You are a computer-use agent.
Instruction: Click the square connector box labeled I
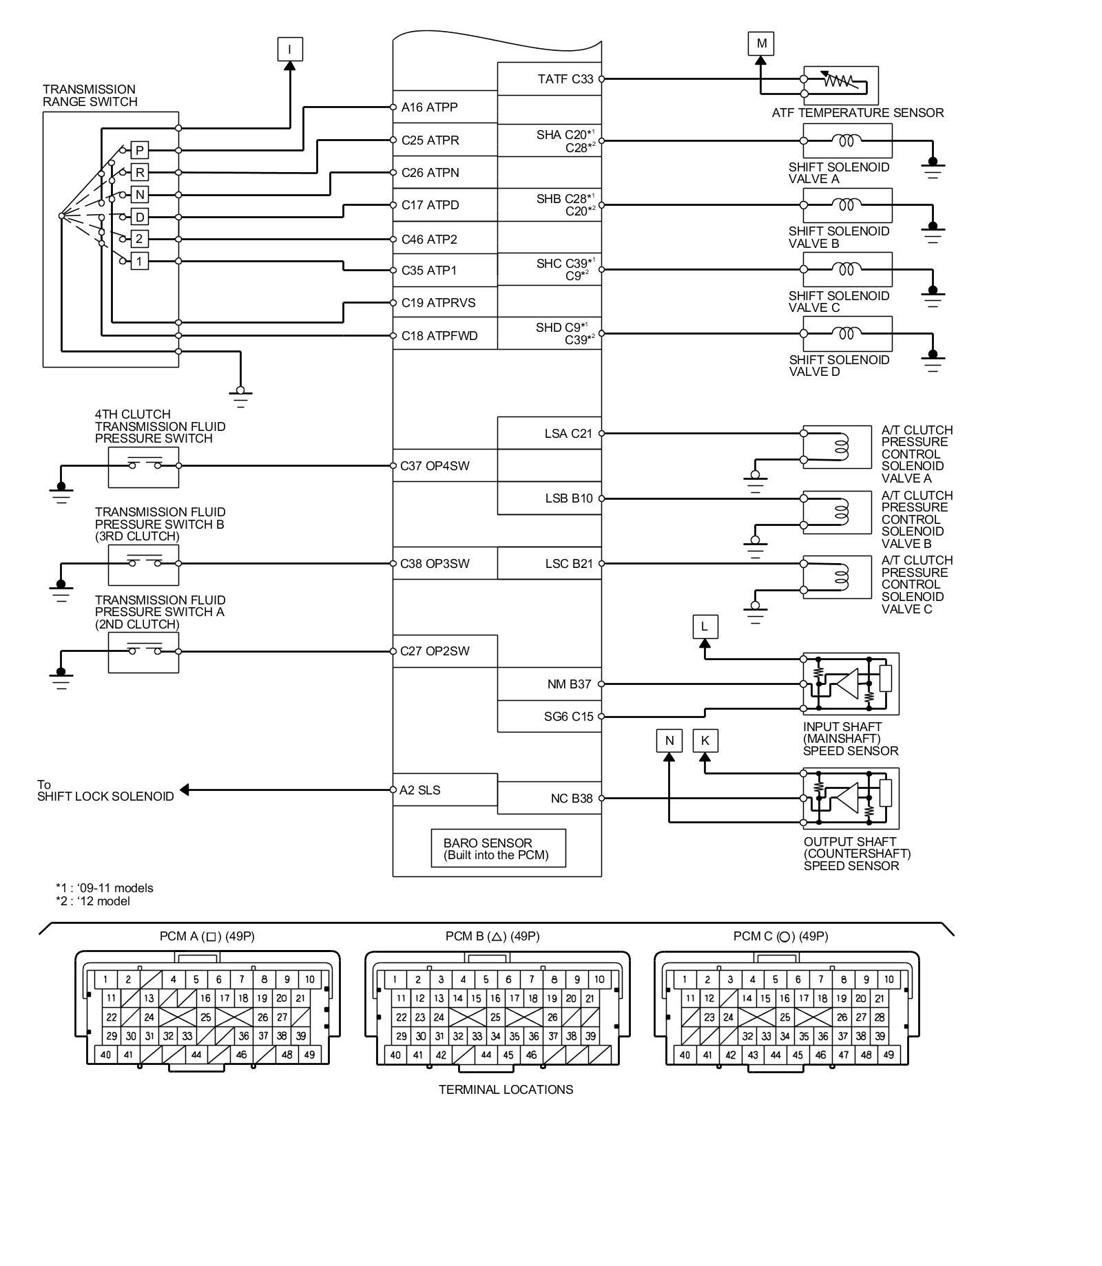coord(289,49)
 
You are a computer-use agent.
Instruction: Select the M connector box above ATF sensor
coord(761,43)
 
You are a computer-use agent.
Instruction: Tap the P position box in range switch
coord(140,150)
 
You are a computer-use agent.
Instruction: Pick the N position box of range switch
coord(140,195)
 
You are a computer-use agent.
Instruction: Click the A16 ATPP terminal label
coord(429,107)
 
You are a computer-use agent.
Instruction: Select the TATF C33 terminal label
coord(565,79)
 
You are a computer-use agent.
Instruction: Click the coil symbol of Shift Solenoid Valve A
coord(846,140)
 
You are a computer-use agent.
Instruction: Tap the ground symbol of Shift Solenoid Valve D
coord(933,361)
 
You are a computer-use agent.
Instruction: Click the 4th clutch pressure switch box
coord(143,467)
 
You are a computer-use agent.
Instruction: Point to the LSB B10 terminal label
coord(568,498)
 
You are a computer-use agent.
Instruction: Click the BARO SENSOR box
coord(499,848)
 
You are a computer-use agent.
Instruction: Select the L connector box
coord(704,626)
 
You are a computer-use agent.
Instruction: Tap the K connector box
coord(705,741)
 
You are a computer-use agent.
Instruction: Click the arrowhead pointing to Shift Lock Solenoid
coord(184,790)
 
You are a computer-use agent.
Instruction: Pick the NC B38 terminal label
coord(571,799)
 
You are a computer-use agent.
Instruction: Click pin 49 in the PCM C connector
coord(888,1055)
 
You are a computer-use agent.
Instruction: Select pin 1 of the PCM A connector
coord(105,980)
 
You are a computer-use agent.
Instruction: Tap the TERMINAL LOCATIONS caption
coord(506,1090)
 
